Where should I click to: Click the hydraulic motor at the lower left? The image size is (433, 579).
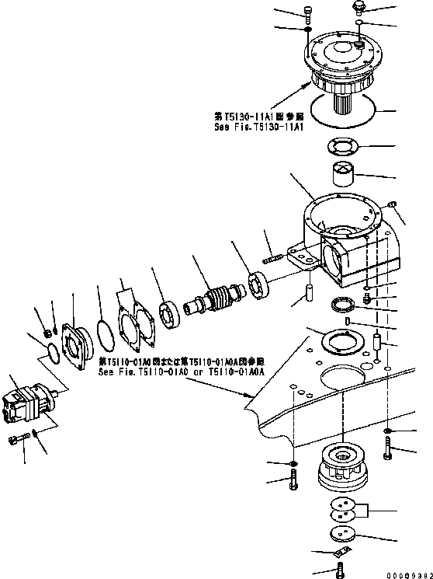(27, 404)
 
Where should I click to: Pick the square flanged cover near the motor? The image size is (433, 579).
(81, 347)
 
